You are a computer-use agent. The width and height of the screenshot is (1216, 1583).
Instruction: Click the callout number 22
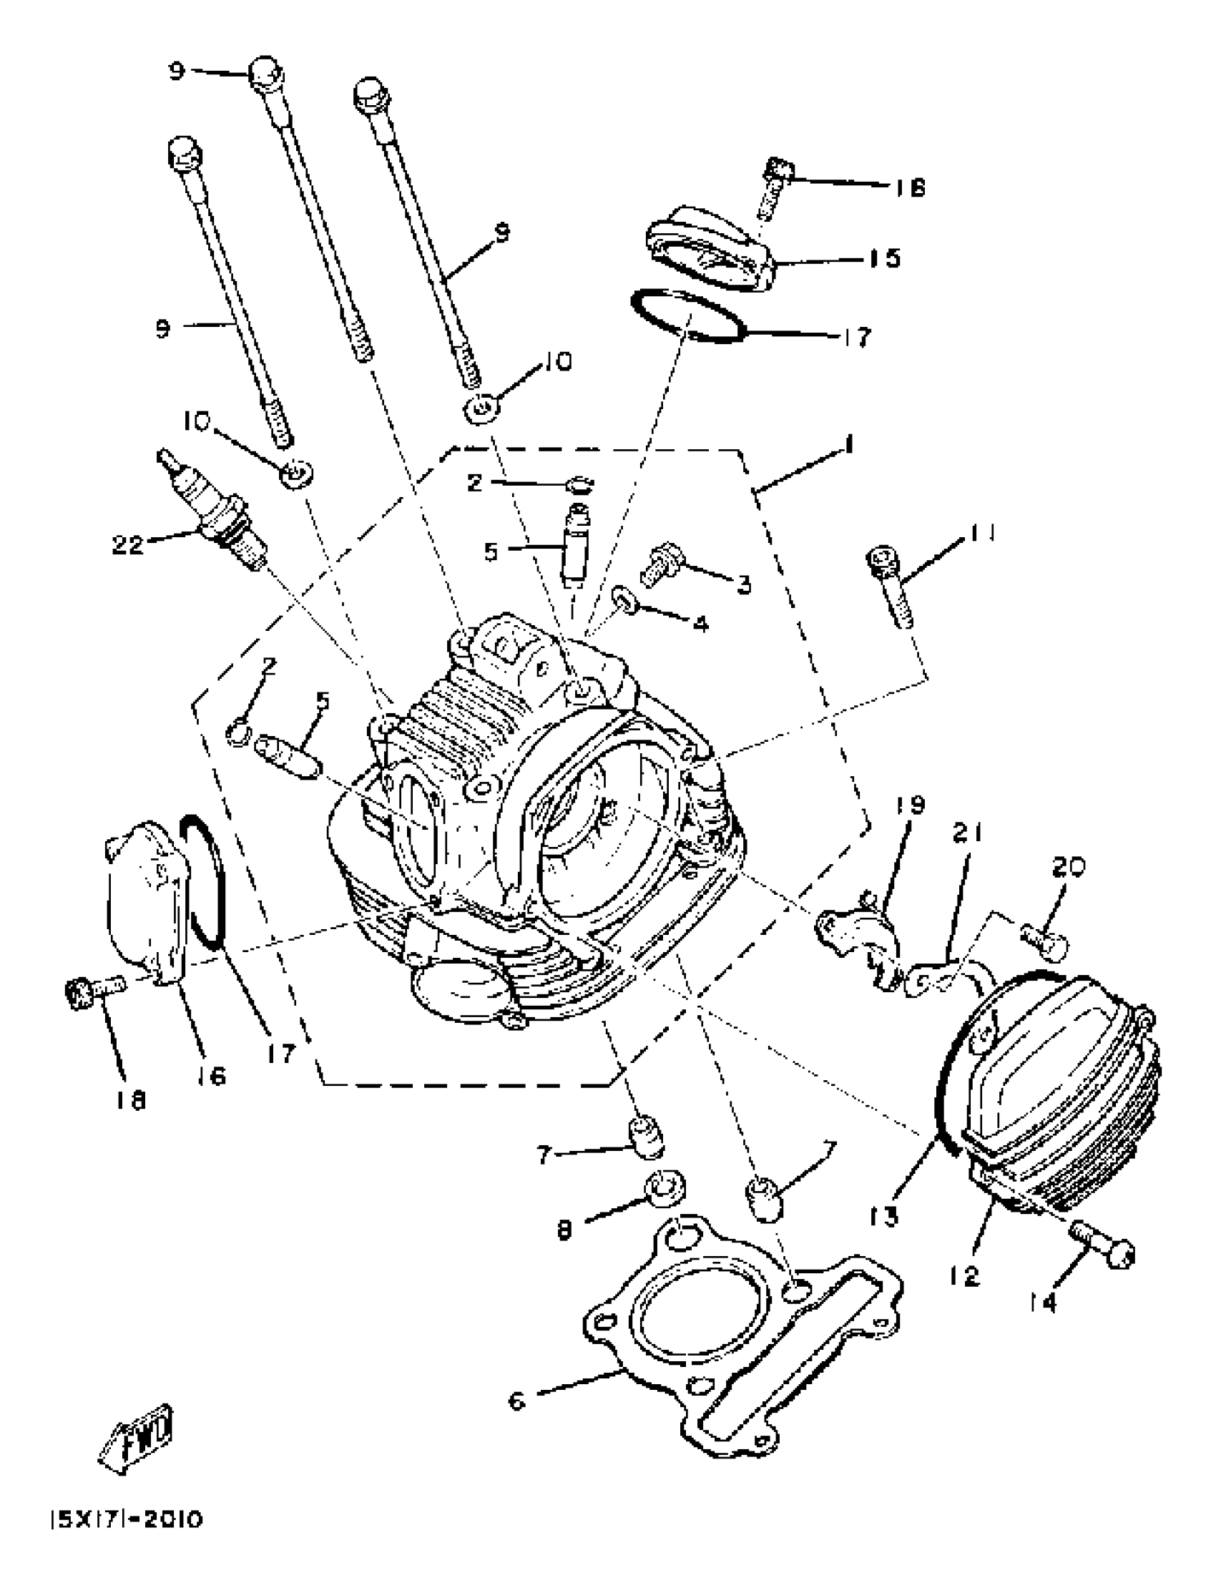point(127,544)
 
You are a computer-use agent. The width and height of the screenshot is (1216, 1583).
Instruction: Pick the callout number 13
point(884,1216)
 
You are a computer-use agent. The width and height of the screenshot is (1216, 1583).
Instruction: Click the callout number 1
point(849,444)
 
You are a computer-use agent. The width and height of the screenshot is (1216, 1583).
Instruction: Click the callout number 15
point(884,258)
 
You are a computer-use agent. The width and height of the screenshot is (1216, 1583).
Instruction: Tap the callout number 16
point(210,1076)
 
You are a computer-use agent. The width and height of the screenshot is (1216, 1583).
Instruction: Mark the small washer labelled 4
point(625,599)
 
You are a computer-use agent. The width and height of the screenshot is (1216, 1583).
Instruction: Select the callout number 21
point(968,835)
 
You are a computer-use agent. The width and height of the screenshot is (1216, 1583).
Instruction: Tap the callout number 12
point(965,1275)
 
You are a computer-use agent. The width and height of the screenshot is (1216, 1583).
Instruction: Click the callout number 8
point(564,1228)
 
